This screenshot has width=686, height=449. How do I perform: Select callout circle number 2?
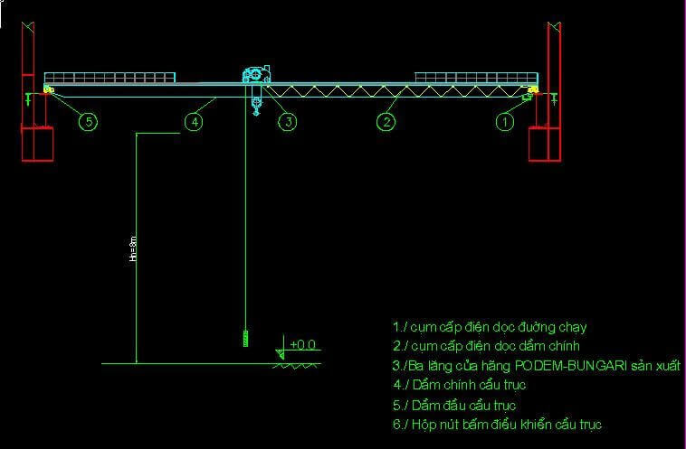pyautogui.click(x=386, y=121)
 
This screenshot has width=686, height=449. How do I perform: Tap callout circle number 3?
pyautogui.click(x=287, y=121)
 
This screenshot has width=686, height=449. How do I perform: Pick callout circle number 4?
pyautogui.click(x=193, y=121)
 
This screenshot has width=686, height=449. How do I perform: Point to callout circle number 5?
pyautogui.click(x=88, y=121)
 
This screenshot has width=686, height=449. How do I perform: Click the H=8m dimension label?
pyautogui.click(x=133, y=248)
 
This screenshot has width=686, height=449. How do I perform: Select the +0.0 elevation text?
pyautogui.click(x=302, y=344)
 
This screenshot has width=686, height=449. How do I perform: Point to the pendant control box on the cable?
pyautogui.click(x=244, y=339)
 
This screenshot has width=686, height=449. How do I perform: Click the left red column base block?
pyautogui.click(x=37, y=143)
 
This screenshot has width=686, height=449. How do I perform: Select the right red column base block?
pyautogui.click(x=545, y=143)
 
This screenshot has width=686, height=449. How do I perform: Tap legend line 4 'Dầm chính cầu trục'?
pyautogui.click(x=459, y=385)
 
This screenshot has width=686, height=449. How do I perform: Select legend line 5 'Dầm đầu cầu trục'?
pyautogui.click(x=454, y=405)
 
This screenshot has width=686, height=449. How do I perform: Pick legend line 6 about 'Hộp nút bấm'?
pyautogui.click(x=497, y=424)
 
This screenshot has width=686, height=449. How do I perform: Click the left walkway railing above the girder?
pyautogui.click(x=110, y=77)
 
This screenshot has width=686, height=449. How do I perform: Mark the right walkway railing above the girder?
pyautogui.click(x=476, y=77)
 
